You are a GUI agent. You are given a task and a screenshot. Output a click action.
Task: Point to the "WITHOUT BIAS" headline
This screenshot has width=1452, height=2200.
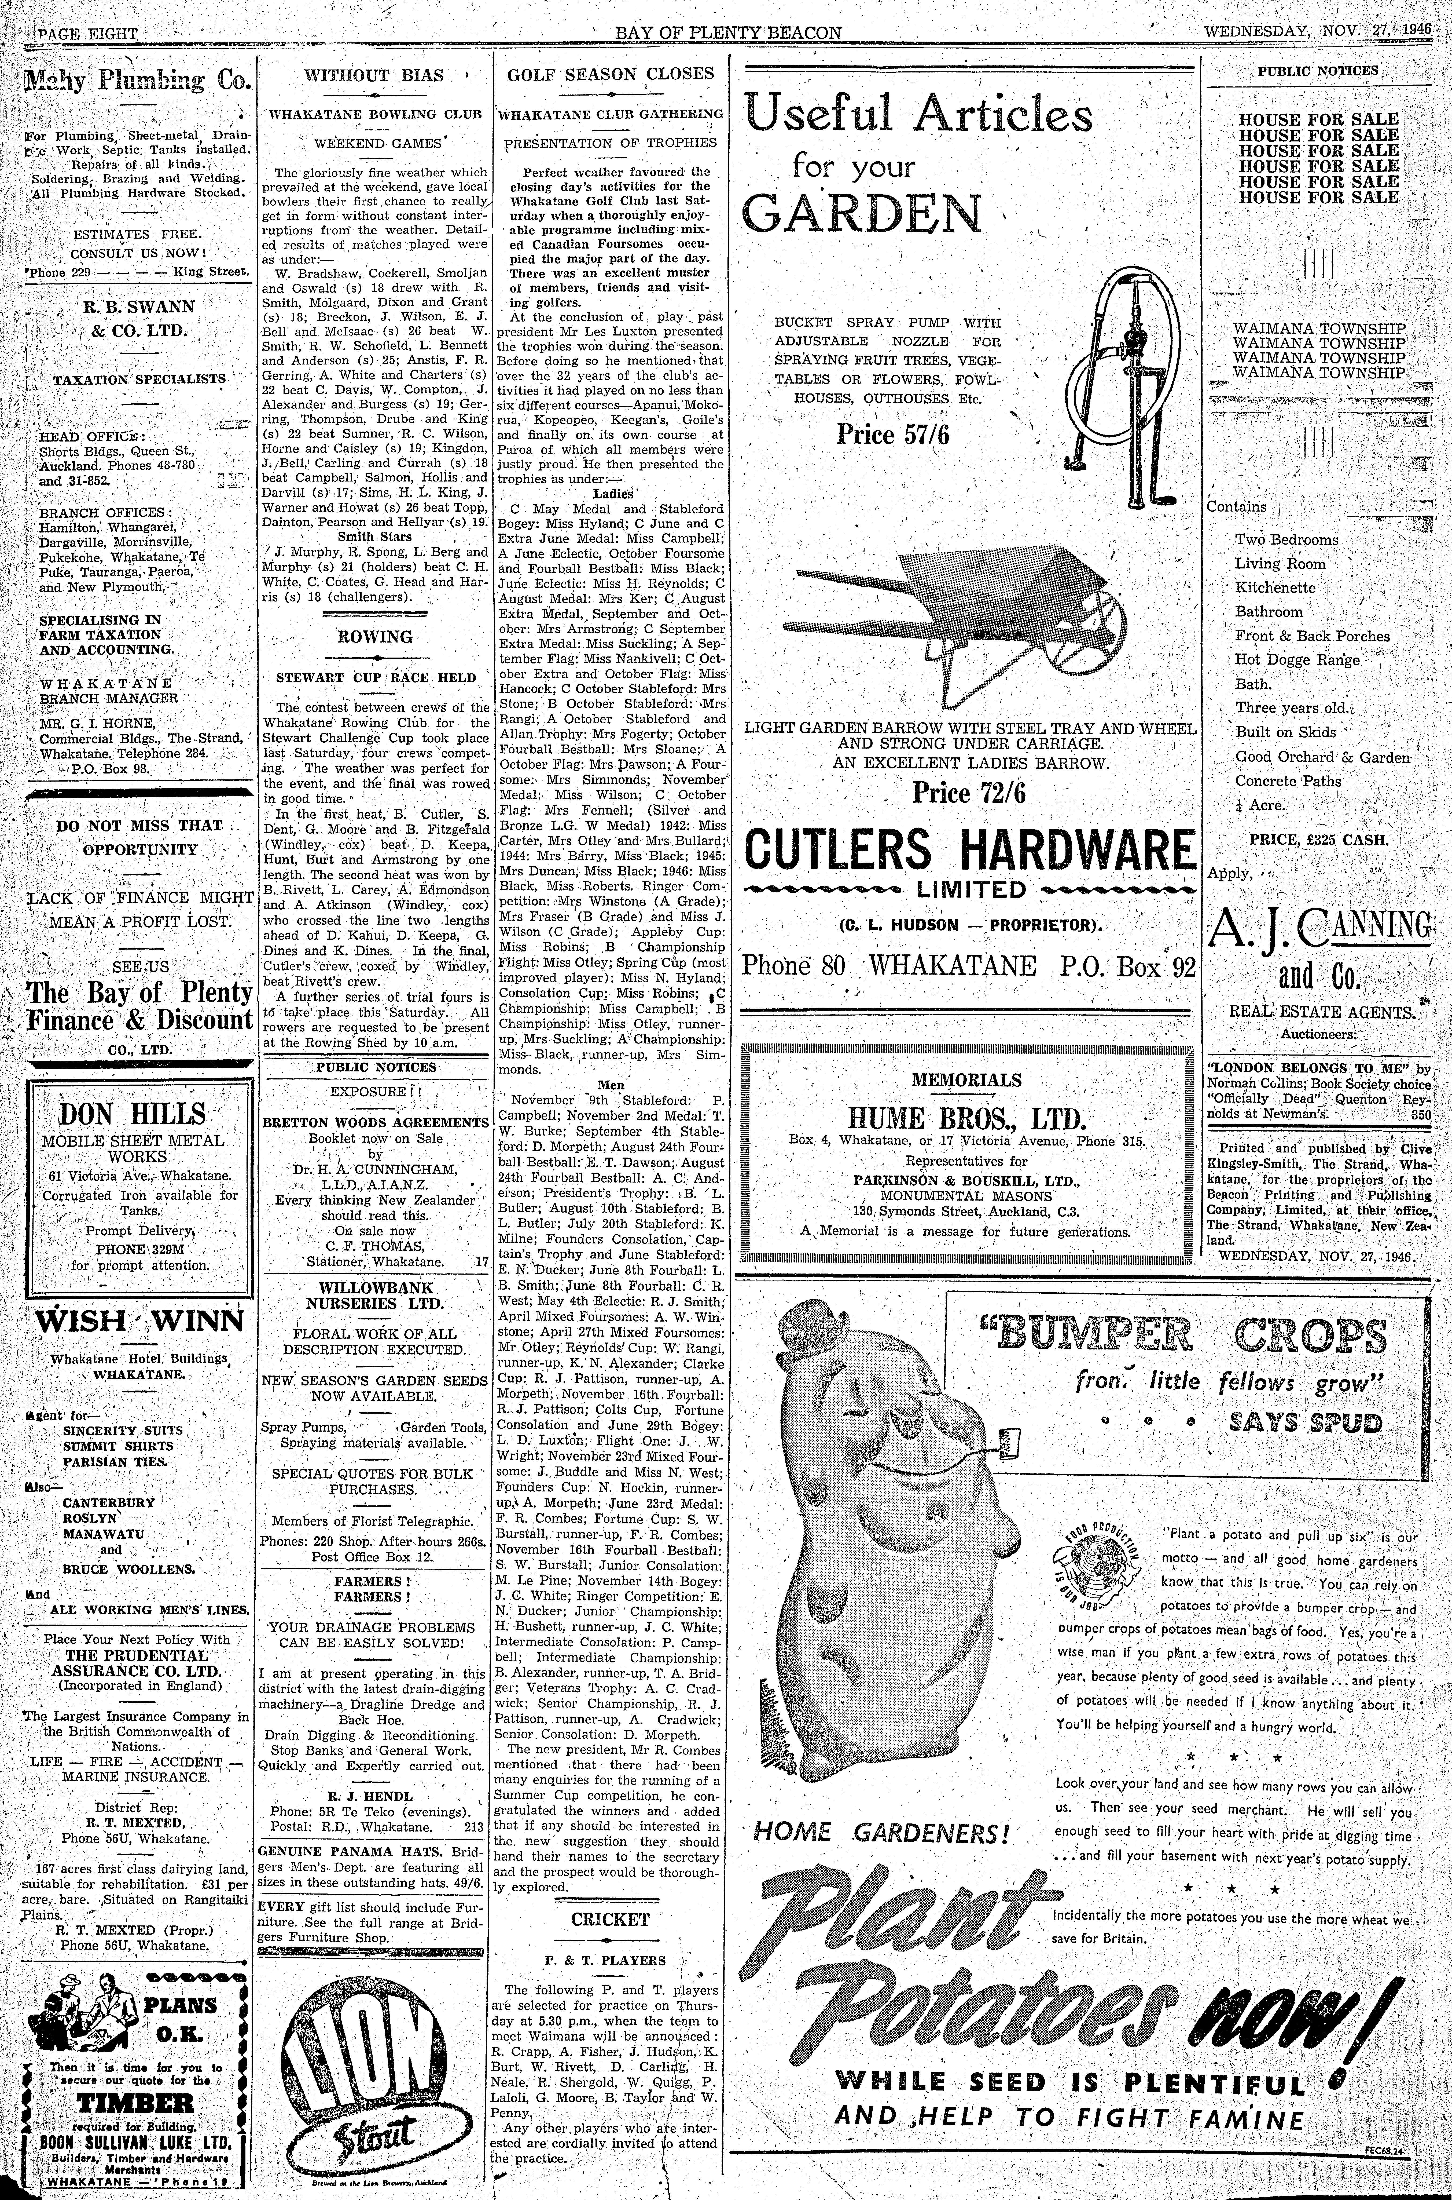(x=374, y=75)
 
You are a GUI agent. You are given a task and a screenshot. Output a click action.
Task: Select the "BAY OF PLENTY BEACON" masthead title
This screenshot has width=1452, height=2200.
(x=728, y=33)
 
